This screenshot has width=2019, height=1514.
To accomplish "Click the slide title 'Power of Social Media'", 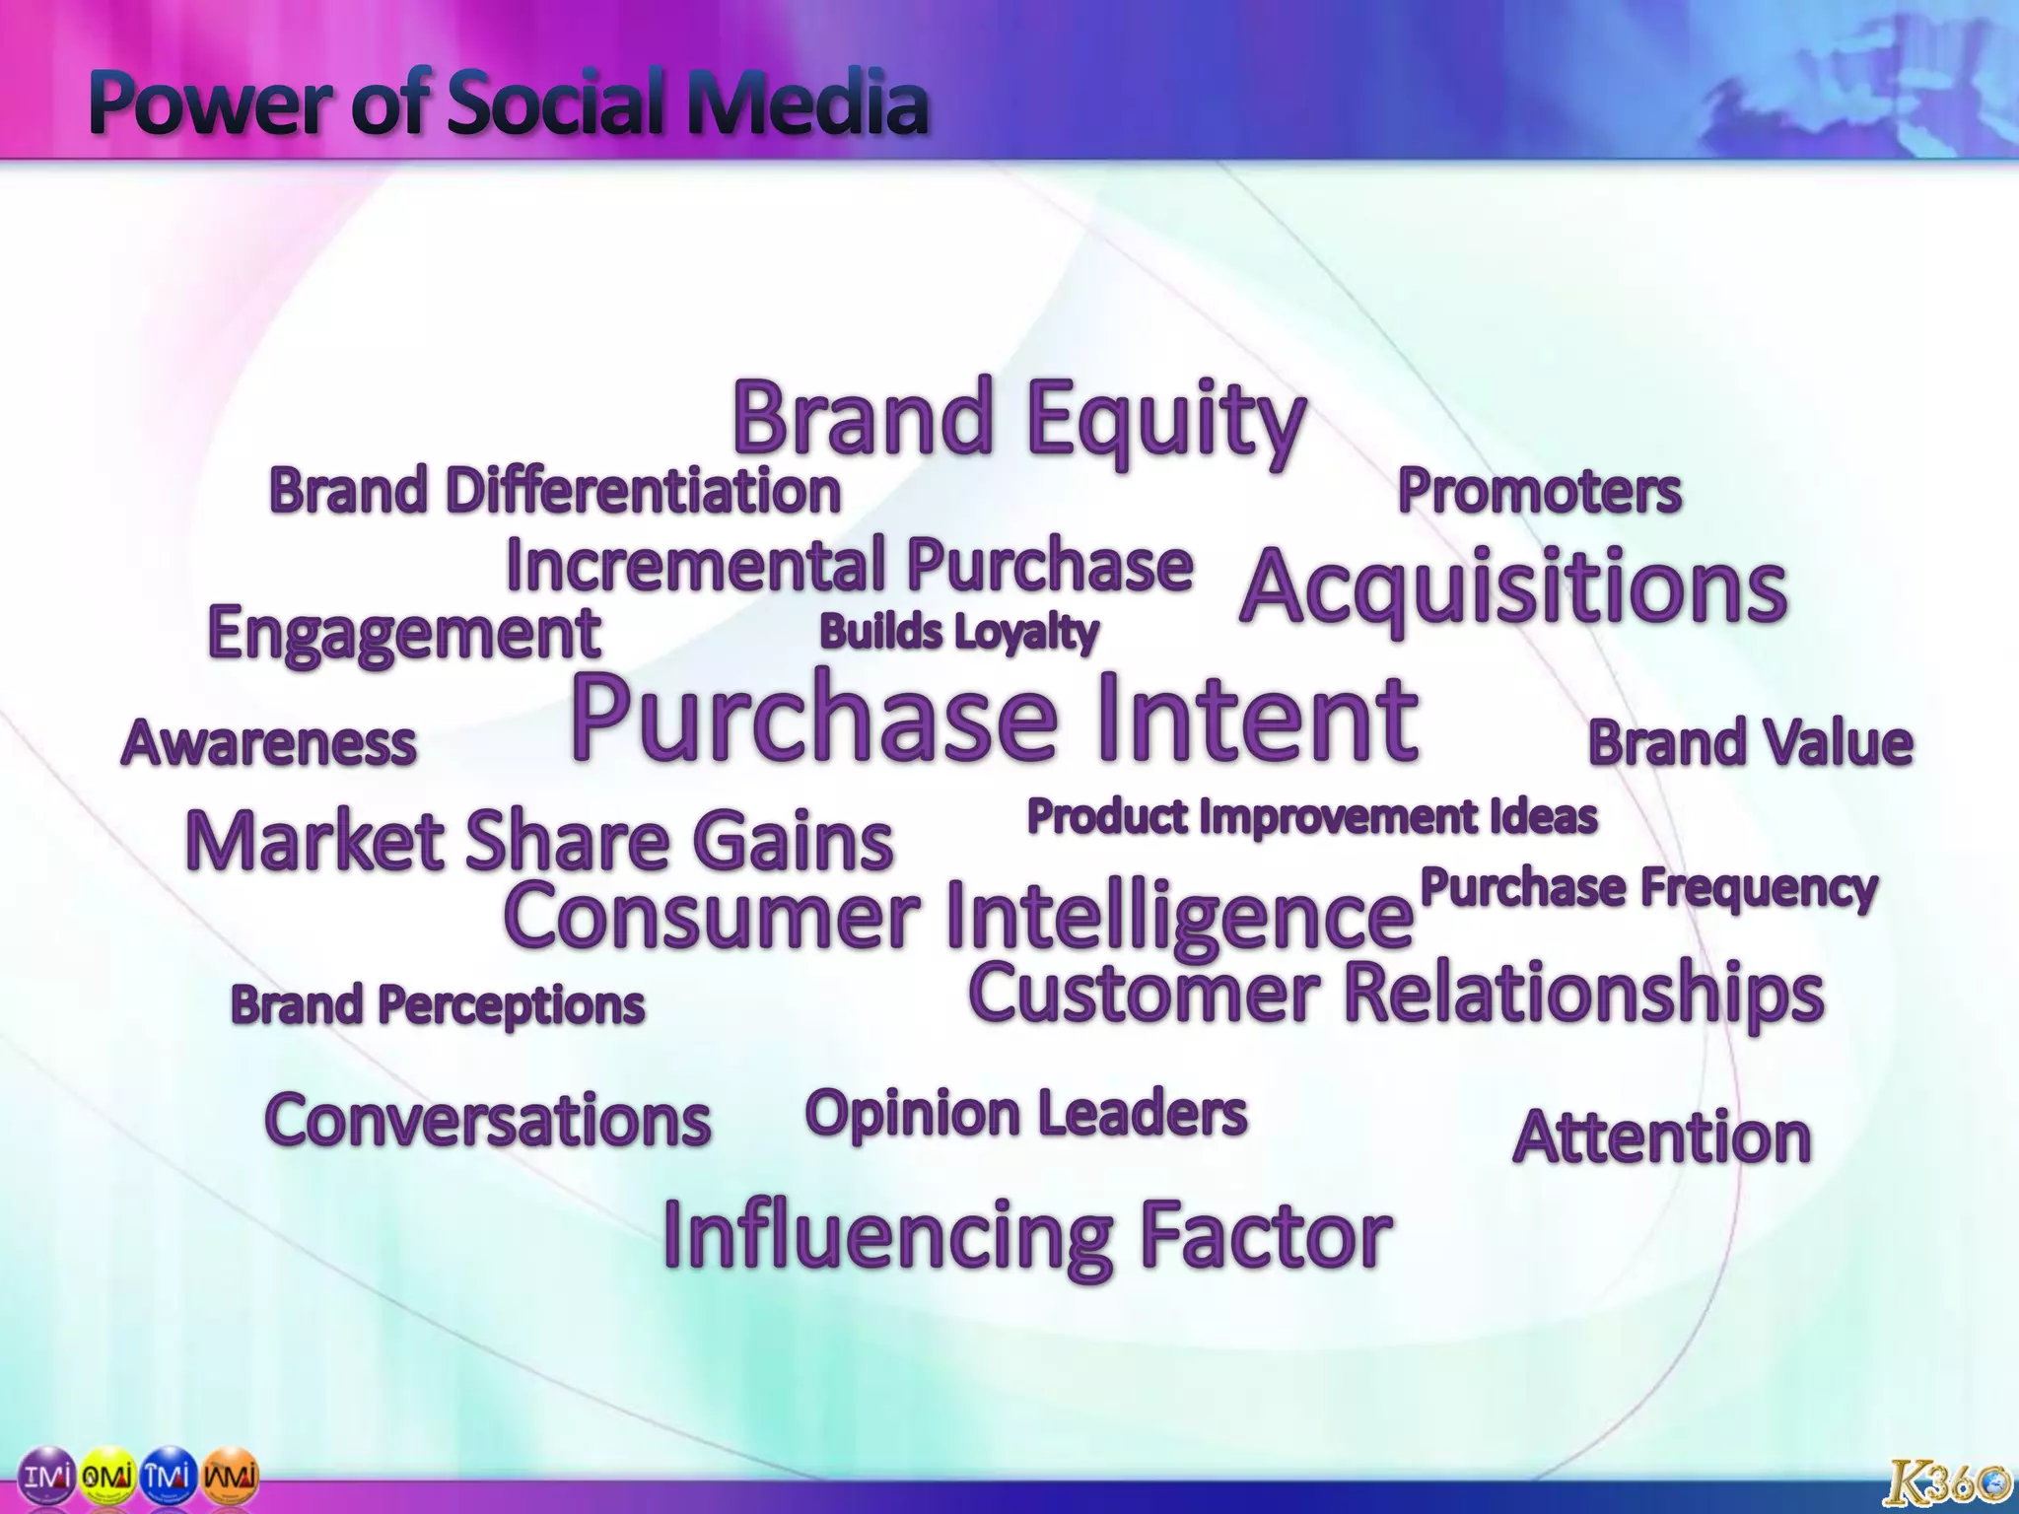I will [x=508, y=103].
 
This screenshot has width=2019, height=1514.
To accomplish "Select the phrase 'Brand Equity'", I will [x=1018, y=419].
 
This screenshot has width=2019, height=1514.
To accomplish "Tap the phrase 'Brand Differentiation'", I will [x=554, y=490].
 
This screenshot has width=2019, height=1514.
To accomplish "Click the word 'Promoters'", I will [x=1539, y=490].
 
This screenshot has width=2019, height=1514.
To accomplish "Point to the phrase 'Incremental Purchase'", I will [x=849, y=565].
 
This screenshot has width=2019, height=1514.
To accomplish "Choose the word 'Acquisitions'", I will [x=1513, y=588].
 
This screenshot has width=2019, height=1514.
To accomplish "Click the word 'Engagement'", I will [x=404, y=633].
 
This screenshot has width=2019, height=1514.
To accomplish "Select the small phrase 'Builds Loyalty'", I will [x=958, y=632].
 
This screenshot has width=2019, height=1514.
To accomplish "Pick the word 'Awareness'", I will [x=268, y=742].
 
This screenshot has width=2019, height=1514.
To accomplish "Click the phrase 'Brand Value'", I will [x=1750, y=742].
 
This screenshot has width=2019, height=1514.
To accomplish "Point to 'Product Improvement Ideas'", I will [x=1312, y=816].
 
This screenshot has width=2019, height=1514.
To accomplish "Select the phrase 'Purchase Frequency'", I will [x=1648, y=887].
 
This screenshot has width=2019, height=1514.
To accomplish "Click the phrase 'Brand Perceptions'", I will [x=438, y=1005].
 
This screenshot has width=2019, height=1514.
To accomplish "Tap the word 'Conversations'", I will [x=488, y=1121].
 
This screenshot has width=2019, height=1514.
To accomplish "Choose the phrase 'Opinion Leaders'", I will [x=1026, y=1114].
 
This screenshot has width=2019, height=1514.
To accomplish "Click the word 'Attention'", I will [x=1662, y=1136].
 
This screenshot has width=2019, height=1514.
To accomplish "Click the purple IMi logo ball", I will [x=46, y=1477].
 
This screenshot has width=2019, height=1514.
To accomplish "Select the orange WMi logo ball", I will [x=230, y=1477].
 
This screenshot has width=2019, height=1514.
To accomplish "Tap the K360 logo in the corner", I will [x=1945, y=1480].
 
